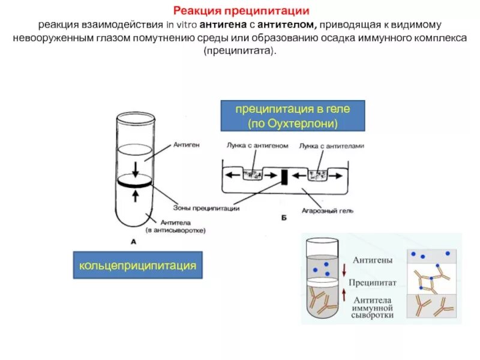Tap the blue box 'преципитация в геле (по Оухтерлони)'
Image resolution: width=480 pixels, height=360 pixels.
click(x=292, y=116)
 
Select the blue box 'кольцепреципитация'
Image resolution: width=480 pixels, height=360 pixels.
click(x=137, y=265)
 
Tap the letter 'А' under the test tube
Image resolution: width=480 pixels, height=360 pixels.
click(x=133, y=241)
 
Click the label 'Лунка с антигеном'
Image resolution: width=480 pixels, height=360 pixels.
click(x=258, y=146)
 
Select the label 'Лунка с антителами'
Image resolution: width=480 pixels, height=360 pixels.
click(x=332, y=146)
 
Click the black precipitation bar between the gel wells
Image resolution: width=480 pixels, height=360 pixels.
click(x=285, y=177)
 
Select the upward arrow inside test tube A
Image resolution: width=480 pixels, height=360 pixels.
click(x=136, y=195)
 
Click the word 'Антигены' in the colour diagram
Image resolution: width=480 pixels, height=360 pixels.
click(x=373, y=260)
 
